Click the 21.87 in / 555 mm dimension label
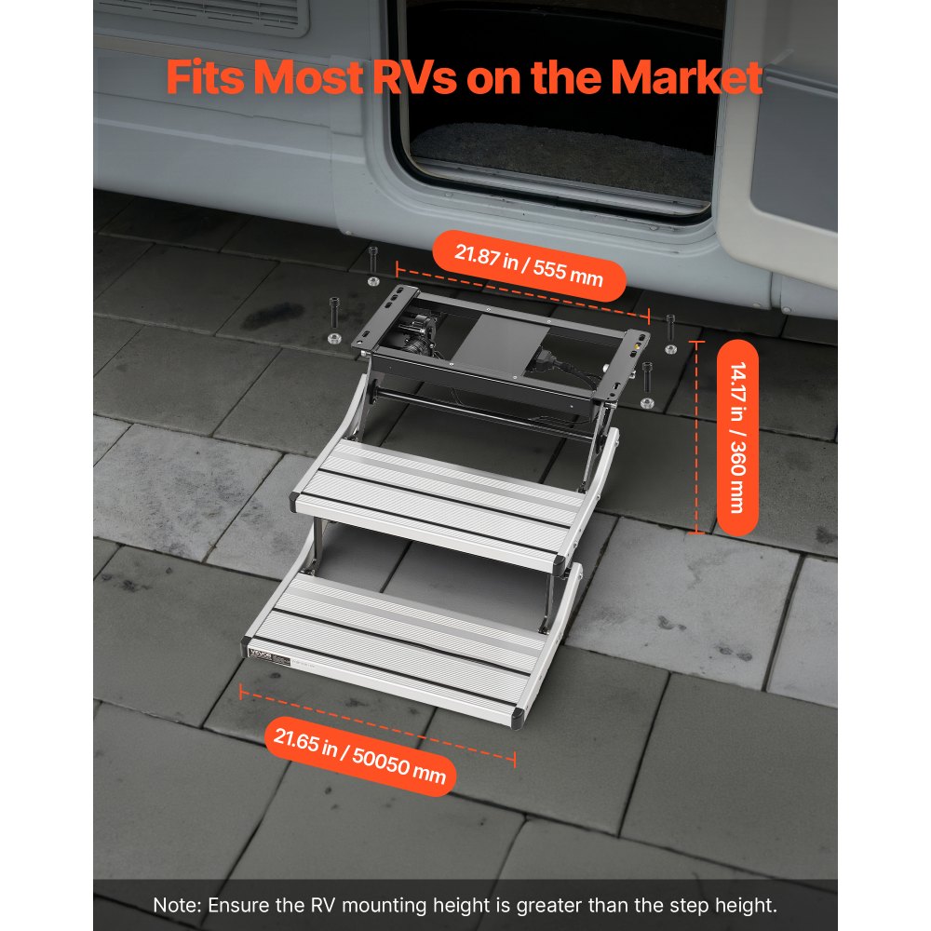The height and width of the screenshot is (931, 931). pos(528,264)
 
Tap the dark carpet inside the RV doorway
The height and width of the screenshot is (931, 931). pos(559,154)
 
